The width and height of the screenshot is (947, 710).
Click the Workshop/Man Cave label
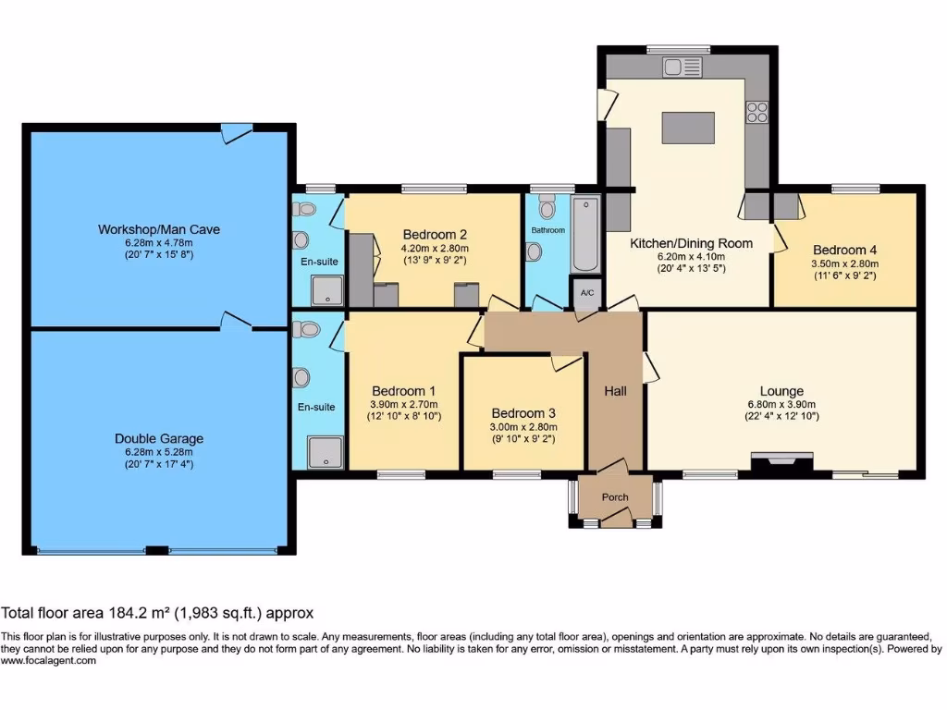point(159,229)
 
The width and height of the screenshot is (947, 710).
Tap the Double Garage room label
point(159,438)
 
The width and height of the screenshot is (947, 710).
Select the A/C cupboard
point(586,292)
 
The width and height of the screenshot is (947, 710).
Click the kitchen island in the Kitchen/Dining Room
point(689,127)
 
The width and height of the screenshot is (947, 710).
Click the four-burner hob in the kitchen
point(757,112)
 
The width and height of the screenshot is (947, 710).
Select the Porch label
point(615,497)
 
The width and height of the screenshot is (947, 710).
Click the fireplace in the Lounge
point(782,459)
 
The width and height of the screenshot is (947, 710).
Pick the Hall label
point(615,391)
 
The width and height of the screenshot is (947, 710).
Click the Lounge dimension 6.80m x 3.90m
point(781,404)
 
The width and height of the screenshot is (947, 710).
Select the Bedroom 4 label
point(844,250)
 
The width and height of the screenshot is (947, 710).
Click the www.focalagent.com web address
point(48,661)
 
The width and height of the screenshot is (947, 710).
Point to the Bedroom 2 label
point(434,234)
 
